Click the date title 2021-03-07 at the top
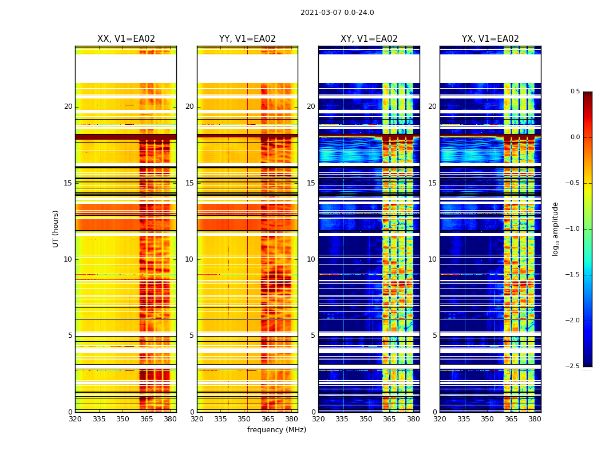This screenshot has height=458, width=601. pyautogui.click(x=337, y=13)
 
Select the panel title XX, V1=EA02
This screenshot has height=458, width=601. pyautogui.click(x=126, y=39)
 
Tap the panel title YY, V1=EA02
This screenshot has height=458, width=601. pyautogui.click(x=247, y=39)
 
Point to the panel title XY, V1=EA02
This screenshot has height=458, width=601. pyautogui.click(x=369, y=39)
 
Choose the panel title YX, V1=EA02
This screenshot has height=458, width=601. pyautogui.click(x=491, y=39)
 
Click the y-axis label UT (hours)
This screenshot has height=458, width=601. pyautogui.click(x=56, y=228)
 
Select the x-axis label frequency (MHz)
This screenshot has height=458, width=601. pyautogui.click(x=276, y=430)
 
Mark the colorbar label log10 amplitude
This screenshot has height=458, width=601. pyautogui.click(x=555, y=228)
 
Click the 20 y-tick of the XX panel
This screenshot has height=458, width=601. pyautogui.click(x=68, y=106)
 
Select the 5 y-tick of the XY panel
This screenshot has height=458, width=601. pyautogui.click(x=313, y=335)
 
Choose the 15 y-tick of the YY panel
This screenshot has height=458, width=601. pyautogui.click(x=189, y=183)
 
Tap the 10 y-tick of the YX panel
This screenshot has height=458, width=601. pyautogui.click(x=432, y=259)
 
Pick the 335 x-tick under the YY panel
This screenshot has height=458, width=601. pyautogui.click(x=221, y=419)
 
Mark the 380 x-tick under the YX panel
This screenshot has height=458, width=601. pyautogui.click(x=535, y=419)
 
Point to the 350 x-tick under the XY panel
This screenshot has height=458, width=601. pyautogui.click(x=366, y=419)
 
